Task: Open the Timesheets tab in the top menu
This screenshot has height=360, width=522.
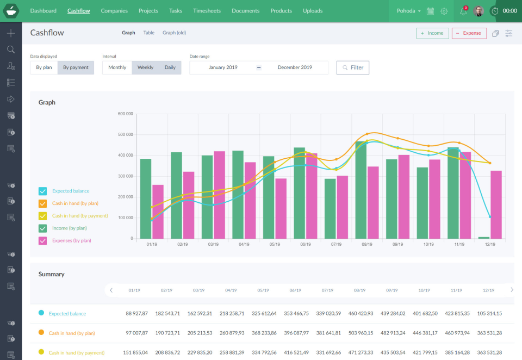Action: tap(207, 11)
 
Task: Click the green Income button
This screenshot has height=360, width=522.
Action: tap(432, 33)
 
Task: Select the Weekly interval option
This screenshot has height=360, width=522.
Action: tap(145, 67)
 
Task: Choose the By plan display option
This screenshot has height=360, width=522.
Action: tap(44, 67)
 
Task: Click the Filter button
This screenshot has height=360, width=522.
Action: tap(352, 67)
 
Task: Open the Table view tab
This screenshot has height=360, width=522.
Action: tap(149, 33)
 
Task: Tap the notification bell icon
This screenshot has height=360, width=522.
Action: tap(463, 11)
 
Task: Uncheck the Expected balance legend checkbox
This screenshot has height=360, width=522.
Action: tap(42, 191)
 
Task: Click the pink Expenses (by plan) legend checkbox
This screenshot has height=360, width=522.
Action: tap(42, 240)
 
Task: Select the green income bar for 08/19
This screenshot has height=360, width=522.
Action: tap(361, 190)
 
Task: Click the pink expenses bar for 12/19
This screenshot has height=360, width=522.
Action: tap(496, 205)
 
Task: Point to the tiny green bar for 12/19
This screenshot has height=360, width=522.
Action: tap(484, 238)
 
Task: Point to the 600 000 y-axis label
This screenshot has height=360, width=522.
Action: tap(125, 114)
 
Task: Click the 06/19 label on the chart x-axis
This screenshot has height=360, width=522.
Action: tap(305, 245)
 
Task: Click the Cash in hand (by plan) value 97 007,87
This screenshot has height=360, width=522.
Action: tap(136, 333)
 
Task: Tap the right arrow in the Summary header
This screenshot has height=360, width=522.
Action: tap(511, 290)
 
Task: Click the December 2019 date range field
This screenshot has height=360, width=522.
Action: tap(295, 67)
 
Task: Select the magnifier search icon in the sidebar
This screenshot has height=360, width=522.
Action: tap(11, 49)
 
